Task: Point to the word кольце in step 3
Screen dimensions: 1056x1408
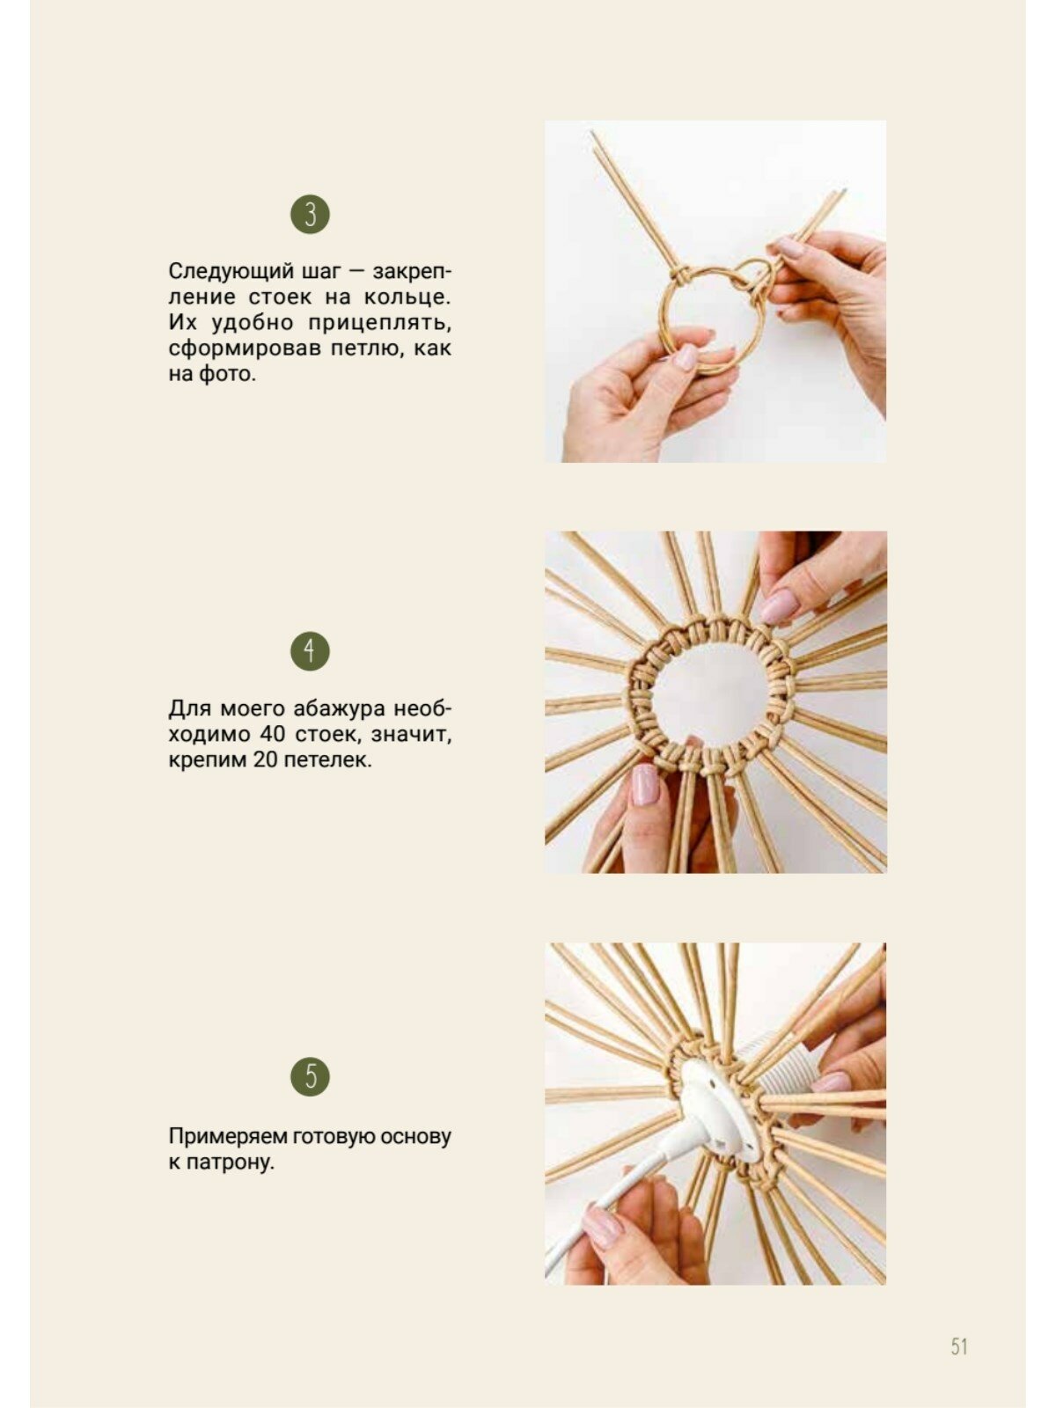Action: click(405, 297)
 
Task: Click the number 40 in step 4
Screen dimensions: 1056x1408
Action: click(273, 734)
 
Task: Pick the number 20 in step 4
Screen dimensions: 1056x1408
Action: click(266, 759)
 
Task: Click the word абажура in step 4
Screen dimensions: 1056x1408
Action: click(340, 708)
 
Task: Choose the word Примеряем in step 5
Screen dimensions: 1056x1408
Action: click(228, 1136)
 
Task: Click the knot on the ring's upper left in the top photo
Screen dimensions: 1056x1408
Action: click(681, 276)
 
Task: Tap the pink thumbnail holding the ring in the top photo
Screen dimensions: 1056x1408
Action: click(686, 357)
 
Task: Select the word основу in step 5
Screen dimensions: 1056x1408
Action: click(415, 1136)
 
